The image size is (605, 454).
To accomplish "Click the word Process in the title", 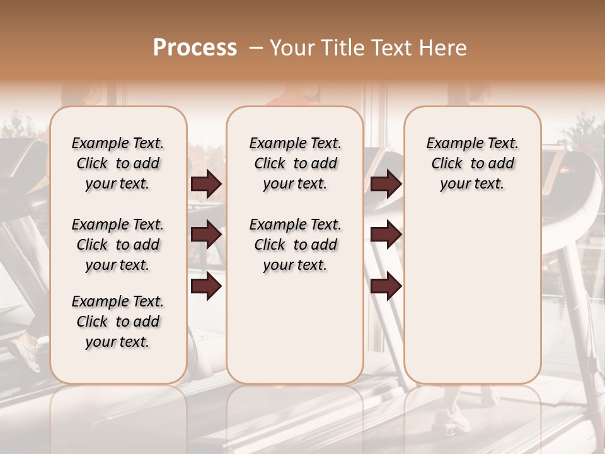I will point(195,48).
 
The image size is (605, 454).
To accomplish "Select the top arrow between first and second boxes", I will point(206,183).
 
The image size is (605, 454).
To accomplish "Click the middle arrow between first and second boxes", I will point(206,235).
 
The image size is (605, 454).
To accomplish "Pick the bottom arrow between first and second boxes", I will point(206,286).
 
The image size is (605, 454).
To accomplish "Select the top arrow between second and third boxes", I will point(386,183).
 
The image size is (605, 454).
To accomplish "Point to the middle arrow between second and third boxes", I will point(386,235).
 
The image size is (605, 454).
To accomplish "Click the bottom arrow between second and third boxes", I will point(386,286).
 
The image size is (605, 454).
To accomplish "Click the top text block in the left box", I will point(118,163).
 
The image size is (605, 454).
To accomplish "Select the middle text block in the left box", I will point(118,245).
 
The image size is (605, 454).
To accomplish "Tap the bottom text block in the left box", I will point(118,322).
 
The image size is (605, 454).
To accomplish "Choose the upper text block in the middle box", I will point(295,163).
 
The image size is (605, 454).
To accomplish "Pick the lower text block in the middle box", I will point(295,245).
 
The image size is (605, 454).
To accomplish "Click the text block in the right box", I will point(472,163).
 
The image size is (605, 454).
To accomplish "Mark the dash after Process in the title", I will point(255,48).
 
